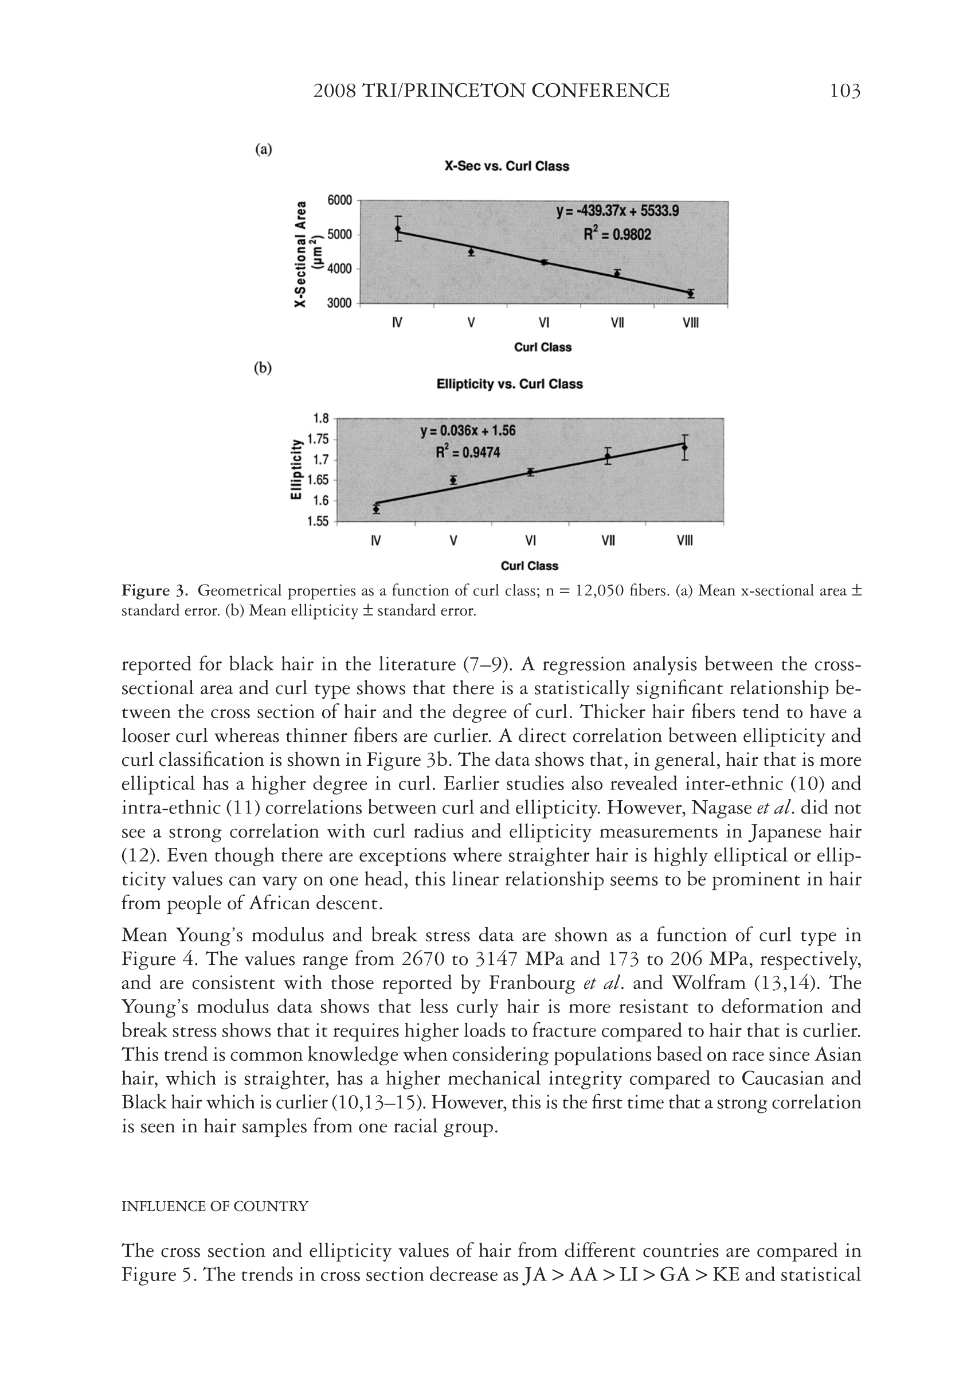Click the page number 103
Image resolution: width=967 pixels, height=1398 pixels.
pyautogui.click(x=844, y=91)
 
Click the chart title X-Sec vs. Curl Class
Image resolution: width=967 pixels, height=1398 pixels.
pyautogui.click(x=507, y=166)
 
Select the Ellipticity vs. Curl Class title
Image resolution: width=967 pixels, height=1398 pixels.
pyautogui.click(x=510, y=384)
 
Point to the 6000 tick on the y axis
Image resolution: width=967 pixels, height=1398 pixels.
pyautogui.click(x=339, y=201)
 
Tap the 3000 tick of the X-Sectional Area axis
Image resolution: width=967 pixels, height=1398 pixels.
pyautogui.click(x=339, y=303)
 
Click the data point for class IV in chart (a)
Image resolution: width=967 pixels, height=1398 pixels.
pyautogui.click(x=398, y=229)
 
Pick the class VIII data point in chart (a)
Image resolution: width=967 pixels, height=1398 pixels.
pyautogui.click(x=691, y=293)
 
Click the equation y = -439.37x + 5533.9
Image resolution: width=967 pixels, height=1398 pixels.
pyautogui.click(x=617, y=211)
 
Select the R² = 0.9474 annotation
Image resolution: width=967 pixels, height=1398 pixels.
pyautogui.click(x=468, y=452)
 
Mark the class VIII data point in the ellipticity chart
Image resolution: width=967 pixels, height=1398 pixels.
pyautogui.click(x=684, y=447)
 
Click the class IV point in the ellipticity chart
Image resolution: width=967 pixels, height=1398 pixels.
pyautogui.click(x=376, y=509)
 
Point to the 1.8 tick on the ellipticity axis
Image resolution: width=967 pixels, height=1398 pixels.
pyautogui.click(x=320, y=418)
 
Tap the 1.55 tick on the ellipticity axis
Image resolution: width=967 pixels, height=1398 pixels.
pyautogui.click(x=318, y=521)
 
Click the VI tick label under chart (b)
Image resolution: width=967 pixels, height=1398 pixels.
pyautogui.click(x=530, y=541)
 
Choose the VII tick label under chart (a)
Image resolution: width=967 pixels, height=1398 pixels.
pyautogui.click(x=617, y=323)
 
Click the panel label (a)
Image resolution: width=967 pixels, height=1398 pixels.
pyautogui.click(x=263, y=149)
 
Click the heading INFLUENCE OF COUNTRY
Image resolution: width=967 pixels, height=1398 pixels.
pyautogui.click(x=215, y=1206)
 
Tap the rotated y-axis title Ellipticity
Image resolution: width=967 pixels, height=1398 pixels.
pyautogui.click(x=296, y=470)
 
